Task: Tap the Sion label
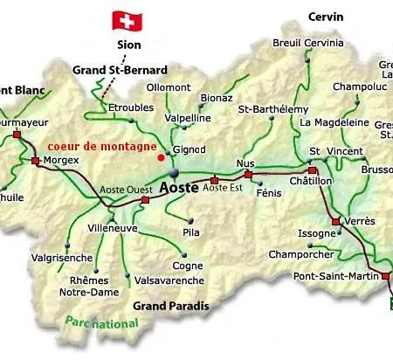128,45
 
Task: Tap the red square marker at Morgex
35,161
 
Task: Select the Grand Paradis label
171,306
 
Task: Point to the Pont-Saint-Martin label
334,277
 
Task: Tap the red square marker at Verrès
335,222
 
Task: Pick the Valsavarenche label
169,280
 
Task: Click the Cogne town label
187,266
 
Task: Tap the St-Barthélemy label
275,109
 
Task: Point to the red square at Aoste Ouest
145,200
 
